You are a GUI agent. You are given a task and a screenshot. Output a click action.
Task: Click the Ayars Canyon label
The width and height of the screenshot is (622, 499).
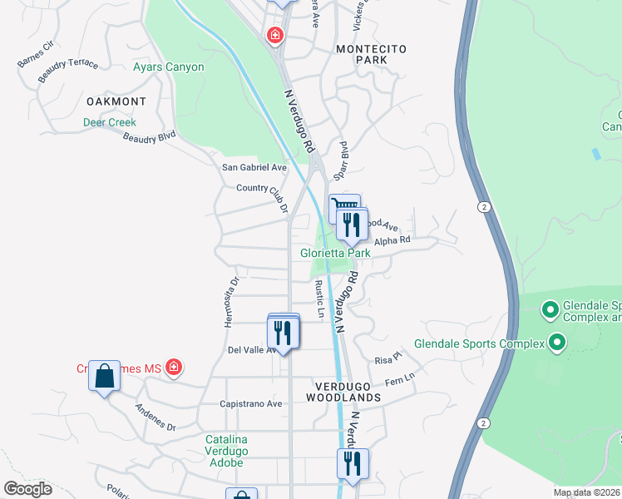[x=168, y=67]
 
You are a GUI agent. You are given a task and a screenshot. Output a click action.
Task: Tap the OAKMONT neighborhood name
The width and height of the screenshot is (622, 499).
[x=116, y=101]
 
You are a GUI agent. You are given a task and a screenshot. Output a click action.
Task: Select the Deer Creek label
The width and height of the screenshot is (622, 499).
[x=109, y=122]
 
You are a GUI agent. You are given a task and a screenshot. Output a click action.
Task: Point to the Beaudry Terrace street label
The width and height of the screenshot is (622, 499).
[x=68, y=71]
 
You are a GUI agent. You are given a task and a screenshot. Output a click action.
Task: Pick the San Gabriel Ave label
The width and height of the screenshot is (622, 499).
[x=254, y=167]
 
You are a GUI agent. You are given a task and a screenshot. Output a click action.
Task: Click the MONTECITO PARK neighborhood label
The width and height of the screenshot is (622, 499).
[x=371, y=55]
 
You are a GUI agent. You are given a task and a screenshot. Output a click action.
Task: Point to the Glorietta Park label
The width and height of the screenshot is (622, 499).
[x=335, y=253]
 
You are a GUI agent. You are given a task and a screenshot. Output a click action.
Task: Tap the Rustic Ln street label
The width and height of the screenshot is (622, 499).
[x=319, y=299]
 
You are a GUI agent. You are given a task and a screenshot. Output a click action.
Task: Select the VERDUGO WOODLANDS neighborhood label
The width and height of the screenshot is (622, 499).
[x=348, y=392]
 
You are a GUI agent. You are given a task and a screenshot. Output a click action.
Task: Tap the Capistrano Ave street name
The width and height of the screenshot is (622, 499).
[x=250, y=403]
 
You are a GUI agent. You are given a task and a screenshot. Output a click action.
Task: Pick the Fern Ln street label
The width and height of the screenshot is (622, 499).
[x=399, y=383]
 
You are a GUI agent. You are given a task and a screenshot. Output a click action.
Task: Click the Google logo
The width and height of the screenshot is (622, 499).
[x=27, y=489]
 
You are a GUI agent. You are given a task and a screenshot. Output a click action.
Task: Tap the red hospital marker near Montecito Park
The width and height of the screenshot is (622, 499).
[x=274, y=36]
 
